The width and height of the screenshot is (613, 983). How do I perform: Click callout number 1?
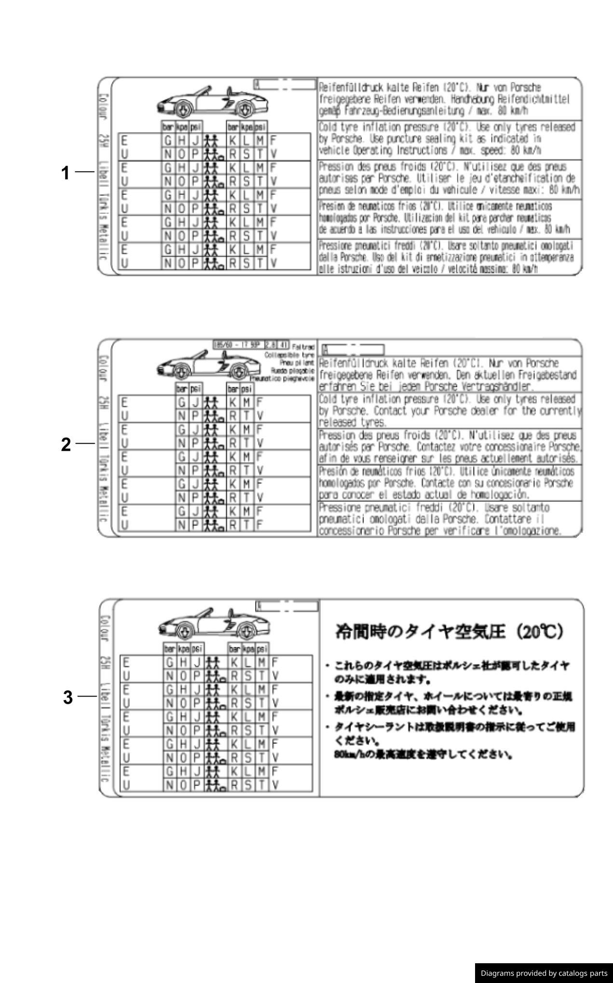point(66,173)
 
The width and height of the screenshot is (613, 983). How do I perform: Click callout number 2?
point(66,444)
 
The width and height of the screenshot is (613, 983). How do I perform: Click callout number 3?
point(68,697)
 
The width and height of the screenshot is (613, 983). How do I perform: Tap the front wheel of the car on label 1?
point(183,110)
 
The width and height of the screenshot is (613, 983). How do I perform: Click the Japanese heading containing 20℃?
point(449,632)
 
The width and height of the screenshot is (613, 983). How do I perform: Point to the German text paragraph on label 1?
point(444,99)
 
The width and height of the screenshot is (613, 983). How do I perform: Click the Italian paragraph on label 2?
point(440,519)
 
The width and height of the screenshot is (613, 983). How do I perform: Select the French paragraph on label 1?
point(449,178)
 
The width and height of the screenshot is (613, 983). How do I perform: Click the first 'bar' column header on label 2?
point(181,389)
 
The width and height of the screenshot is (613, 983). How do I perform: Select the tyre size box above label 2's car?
point(251,345)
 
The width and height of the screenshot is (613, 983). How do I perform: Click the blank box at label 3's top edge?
point(287,606)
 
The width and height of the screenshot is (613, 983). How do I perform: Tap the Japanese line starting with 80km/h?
point(422,754)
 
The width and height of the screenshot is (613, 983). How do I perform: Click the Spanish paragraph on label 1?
point(444,218)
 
